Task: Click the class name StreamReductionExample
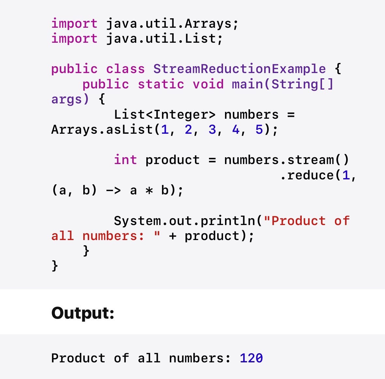tap(239, 69)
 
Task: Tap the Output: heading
tap(83, 313)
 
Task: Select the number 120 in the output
tap(251, 358)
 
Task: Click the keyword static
tap(161, 84)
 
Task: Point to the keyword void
tap(208, 84)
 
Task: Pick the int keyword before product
tap(125, 160)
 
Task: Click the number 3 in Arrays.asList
tap(212, 129)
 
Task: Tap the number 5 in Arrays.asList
tap(259, 129)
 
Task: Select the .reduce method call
tap(307, 175)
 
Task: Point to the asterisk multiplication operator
tap(149, 190)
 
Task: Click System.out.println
tap(184, 221)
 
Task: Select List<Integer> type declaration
tap(165, 114)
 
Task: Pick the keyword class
tap(125, 69)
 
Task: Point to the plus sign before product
tap(173, 236)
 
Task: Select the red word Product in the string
tap(298, 221)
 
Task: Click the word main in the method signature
tap(247, 84)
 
